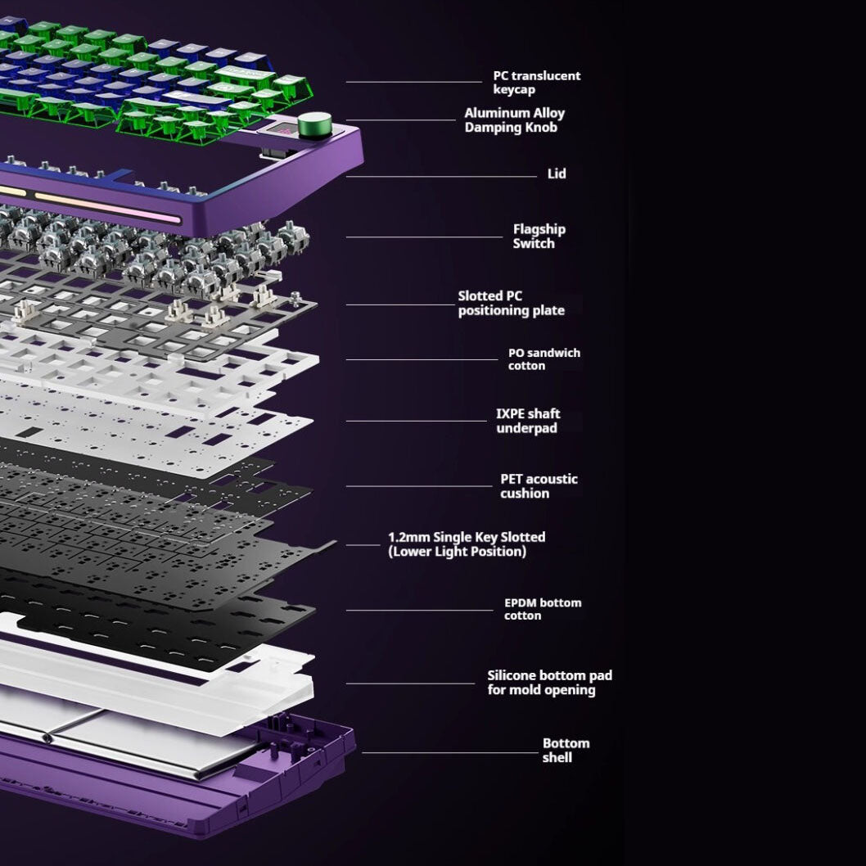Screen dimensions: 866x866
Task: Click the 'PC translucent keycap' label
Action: tap(536, 83)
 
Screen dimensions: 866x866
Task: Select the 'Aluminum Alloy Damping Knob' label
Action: tap(514, 120)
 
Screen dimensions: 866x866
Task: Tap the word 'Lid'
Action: tap(557, 174)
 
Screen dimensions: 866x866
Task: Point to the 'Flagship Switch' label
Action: tap(539, 237)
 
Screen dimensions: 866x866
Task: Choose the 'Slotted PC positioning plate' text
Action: tap(511, 304)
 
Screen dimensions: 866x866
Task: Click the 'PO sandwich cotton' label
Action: tap(544, 359)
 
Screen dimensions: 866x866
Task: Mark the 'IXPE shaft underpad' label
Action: tap(528, 421)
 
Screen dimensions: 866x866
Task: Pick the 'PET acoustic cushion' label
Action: tap(539, 486)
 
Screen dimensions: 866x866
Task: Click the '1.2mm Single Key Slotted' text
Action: tap(466, 537)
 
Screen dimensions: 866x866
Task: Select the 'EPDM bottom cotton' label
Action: tap(542, 609)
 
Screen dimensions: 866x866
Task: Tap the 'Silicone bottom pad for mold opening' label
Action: tap(549, 683)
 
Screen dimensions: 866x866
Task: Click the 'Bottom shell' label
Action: tap(565, 751)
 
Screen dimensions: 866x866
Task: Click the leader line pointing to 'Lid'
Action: tap(442, 176)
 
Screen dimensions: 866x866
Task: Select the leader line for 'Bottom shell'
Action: tap(450, 753)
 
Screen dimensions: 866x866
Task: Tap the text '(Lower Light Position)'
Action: tap(457, 552)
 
